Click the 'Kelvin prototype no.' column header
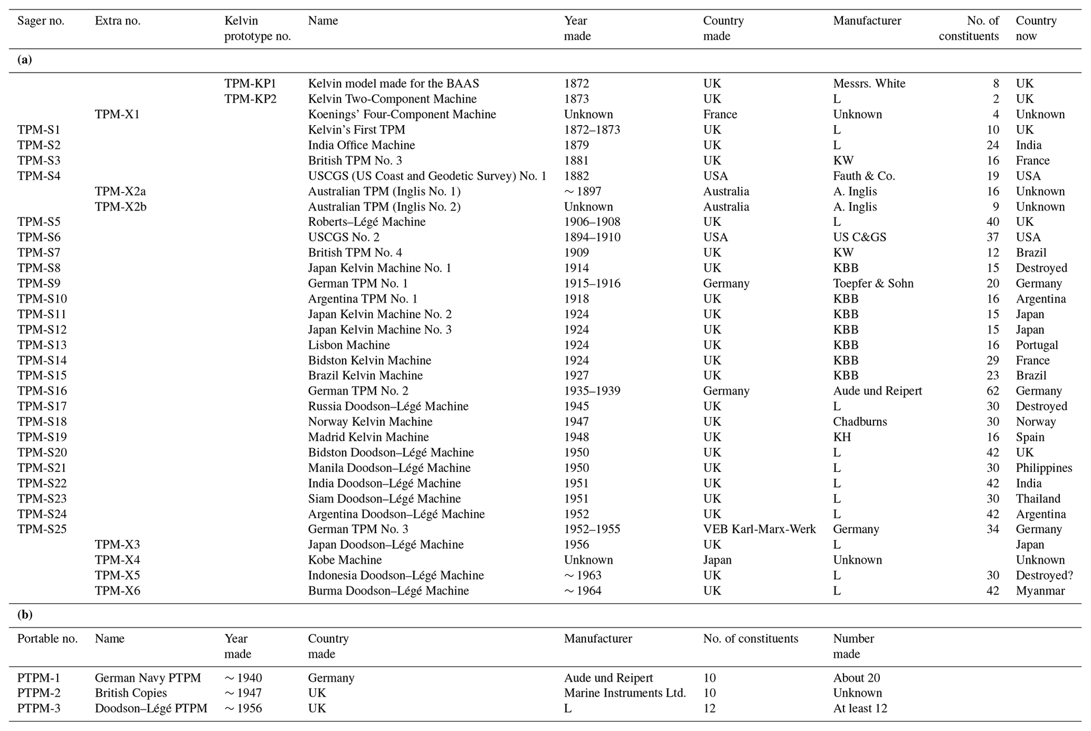click(257, 29)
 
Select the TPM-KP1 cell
click(250, 83)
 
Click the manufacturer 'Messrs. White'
click(869, 83)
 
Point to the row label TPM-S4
click(39, 176)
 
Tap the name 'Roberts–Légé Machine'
click(366, 222)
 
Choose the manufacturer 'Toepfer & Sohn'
click(873, 283)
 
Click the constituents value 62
click(992, 391)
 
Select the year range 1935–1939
click(592, 391)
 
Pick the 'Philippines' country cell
click(1043, 468)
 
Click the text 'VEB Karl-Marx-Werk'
click(759, 529)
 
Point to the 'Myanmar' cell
click(1040, 591)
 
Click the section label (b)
click(25, 615)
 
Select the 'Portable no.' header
click(48, 639)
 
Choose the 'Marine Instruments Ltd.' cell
click(625, 693)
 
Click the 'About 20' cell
click(856, 678)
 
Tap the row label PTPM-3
click(39, 708)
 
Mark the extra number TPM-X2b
click(120, 206)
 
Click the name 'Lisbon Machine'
click(349, 345)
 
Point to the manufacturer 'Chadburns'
click(860, 422)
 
